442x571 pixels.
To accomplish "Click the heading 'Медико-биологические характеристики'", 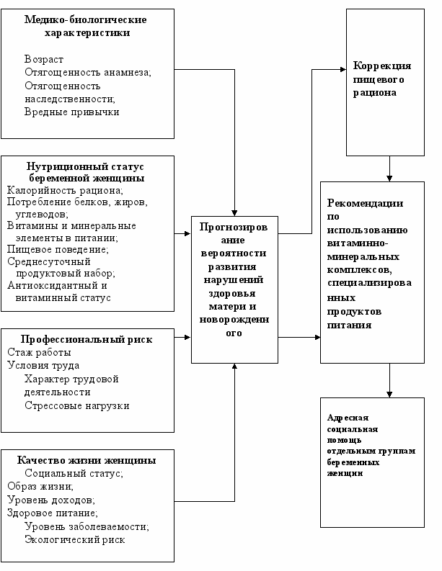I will click(x=87, y=26).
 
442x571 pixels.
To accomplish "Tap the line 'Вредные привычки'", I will click(x=71, y=112).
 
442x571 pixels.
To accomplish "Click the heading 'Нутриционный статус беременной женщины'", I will click(x=87, y=171).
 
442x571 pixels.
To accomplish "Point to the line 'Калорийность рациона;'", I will click(x=65, y=190).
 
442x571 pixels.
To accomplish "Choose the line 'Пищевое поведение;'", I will click(x=58, y=249).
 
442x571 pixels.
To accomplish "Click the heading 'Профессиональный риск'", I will click(x=87, y=340).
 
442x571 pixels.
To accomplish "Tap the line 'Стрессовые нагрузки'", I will click(x=76, y=405).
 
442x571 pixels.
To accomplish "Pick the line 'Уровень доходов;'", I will click(x=51, y=500).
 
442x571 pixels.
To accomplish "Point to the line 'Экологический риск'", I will click(x=74, y=539).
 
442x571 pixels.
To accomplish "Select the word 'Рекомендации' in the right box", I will click(x=364, y=203).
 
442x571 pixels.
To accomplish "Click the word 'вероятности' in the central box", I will click(x=234, y=253).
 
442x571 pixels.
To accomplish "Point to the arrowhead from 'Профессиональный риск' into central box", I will click(x=187, y=336).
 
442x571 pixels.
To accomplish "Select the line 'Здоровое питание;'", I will click(x=52, y=513).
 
